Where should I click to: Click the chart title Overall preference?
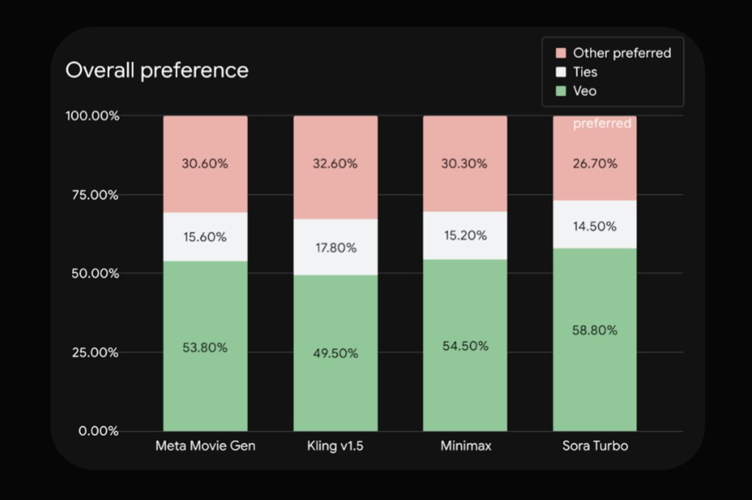coord(157,70)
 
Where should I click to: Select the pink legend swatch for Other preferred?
coord(561,53)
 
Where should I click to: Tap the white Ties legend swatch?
coord(561,72)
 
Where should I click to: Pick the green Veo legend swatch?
coord(561,91)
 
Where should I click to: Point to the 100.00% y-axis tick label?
coord(92,116)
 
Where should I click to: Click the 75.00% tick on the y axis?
coord(95,195)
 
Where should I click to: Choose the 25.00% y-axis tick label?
coord(95,353)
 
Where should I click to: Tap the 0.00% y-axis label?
coord(98,431)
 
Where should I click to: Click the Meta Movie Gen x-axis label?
coord(205,446)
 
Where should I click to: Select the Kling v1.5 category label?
coord(335,446)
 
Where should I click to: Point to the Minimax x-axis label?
coord(466,446)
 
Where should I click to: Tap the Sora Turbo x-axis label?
coord(595,446)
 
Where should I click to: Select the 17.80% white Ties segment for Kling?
coord(336,248)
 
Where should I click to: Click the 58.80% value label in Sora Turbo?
coord(595,330)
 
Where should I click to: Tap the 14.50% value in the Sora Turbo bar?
coord(595,226)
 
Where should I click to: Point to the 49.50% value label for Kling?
coord(336,353)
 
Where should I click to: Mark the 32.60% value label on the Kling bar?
coord(335,163)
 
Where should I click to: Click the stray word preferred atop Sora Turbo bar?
coord(602,123)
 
